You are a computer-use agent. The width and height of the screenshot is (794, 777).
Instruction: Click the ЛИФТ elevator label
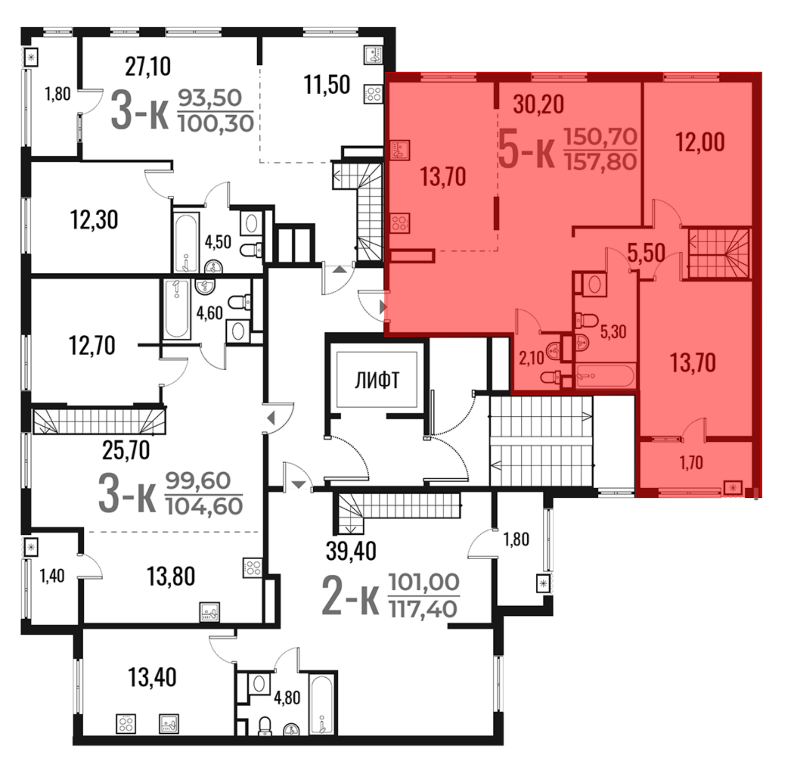[377, 380]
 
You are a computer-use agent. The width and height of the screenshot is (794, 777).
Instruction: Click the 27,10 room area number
[148, 66]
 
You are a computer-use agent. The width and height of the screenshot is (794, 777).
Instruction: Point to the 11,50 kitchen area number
[327, 85]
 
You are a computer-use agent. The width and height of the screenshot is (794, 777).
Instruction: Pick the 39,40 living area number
[351, 551]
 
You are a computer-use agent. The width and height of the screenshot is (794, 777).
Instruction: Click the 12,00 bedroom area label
[700, 142]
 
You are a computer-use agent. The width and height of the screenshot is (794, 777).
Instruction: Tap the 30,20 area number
[538, 104]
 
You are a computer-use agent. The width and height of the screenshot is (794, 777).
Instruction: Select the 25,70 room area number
[125, 450]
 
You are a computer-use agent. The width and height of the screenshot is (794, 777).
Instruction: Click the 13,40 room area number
[152, 677]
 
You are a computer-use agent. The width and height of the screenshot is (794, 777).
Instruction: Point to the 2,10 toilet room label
[531, 358]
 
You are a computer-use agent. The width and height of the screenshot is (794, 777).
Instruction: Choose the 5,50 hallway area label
[646, 253]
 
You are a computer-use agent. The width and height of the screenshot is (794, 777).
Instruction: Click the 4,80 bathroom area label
[287, 698]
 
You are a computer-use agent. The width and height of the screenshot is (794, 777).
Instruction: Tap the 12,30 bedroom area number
[94, 220]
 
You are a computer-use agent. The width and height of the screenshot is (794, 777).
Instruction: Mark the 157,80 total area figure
[601, 162]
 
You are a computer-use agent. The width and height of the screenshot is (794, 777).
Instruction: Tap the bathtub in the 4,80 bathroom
[322, 704]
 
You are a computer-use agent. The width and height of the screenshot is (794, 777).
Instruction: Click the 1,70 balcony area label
[691, 462]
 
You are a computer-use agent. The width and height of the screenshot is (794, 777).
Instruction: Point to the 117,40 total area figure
[424, 609]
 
